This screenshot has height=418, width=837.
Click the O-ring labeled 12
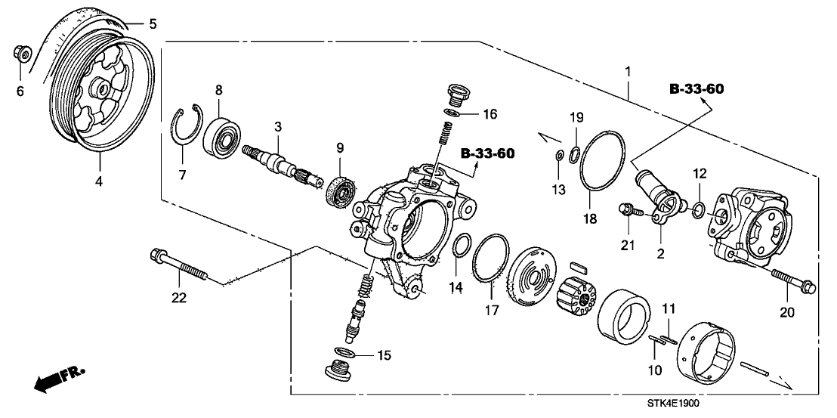point(700,208)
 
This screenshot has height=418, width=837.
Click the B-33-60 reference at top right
point(696,90)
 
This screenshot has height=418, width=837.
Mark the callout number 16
point(490,115)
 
